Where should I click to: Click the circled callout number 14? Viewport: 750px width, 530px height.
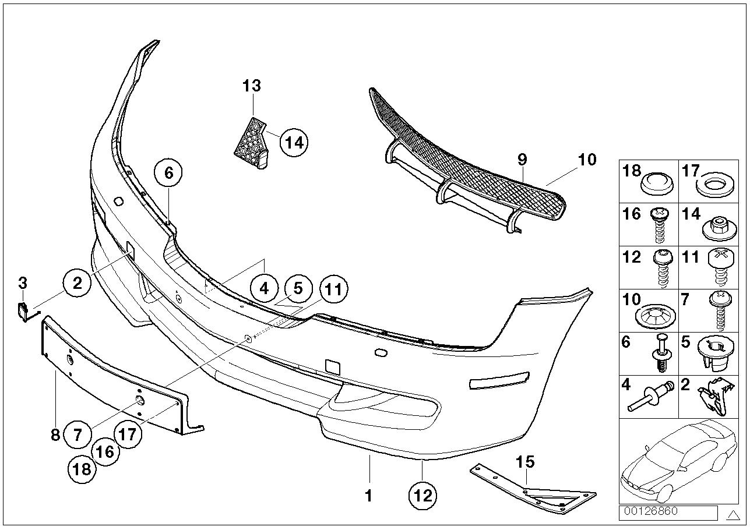click(x=294, y=143)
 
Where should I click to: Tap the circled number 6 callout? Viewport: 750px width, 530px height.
click(x=168, y=173)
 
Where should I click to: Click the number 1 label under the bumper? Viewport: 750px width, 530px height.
click(x=368, y=496)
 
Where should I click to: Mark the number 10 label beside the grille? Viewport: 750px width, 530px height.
click(x=587, y=159)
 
